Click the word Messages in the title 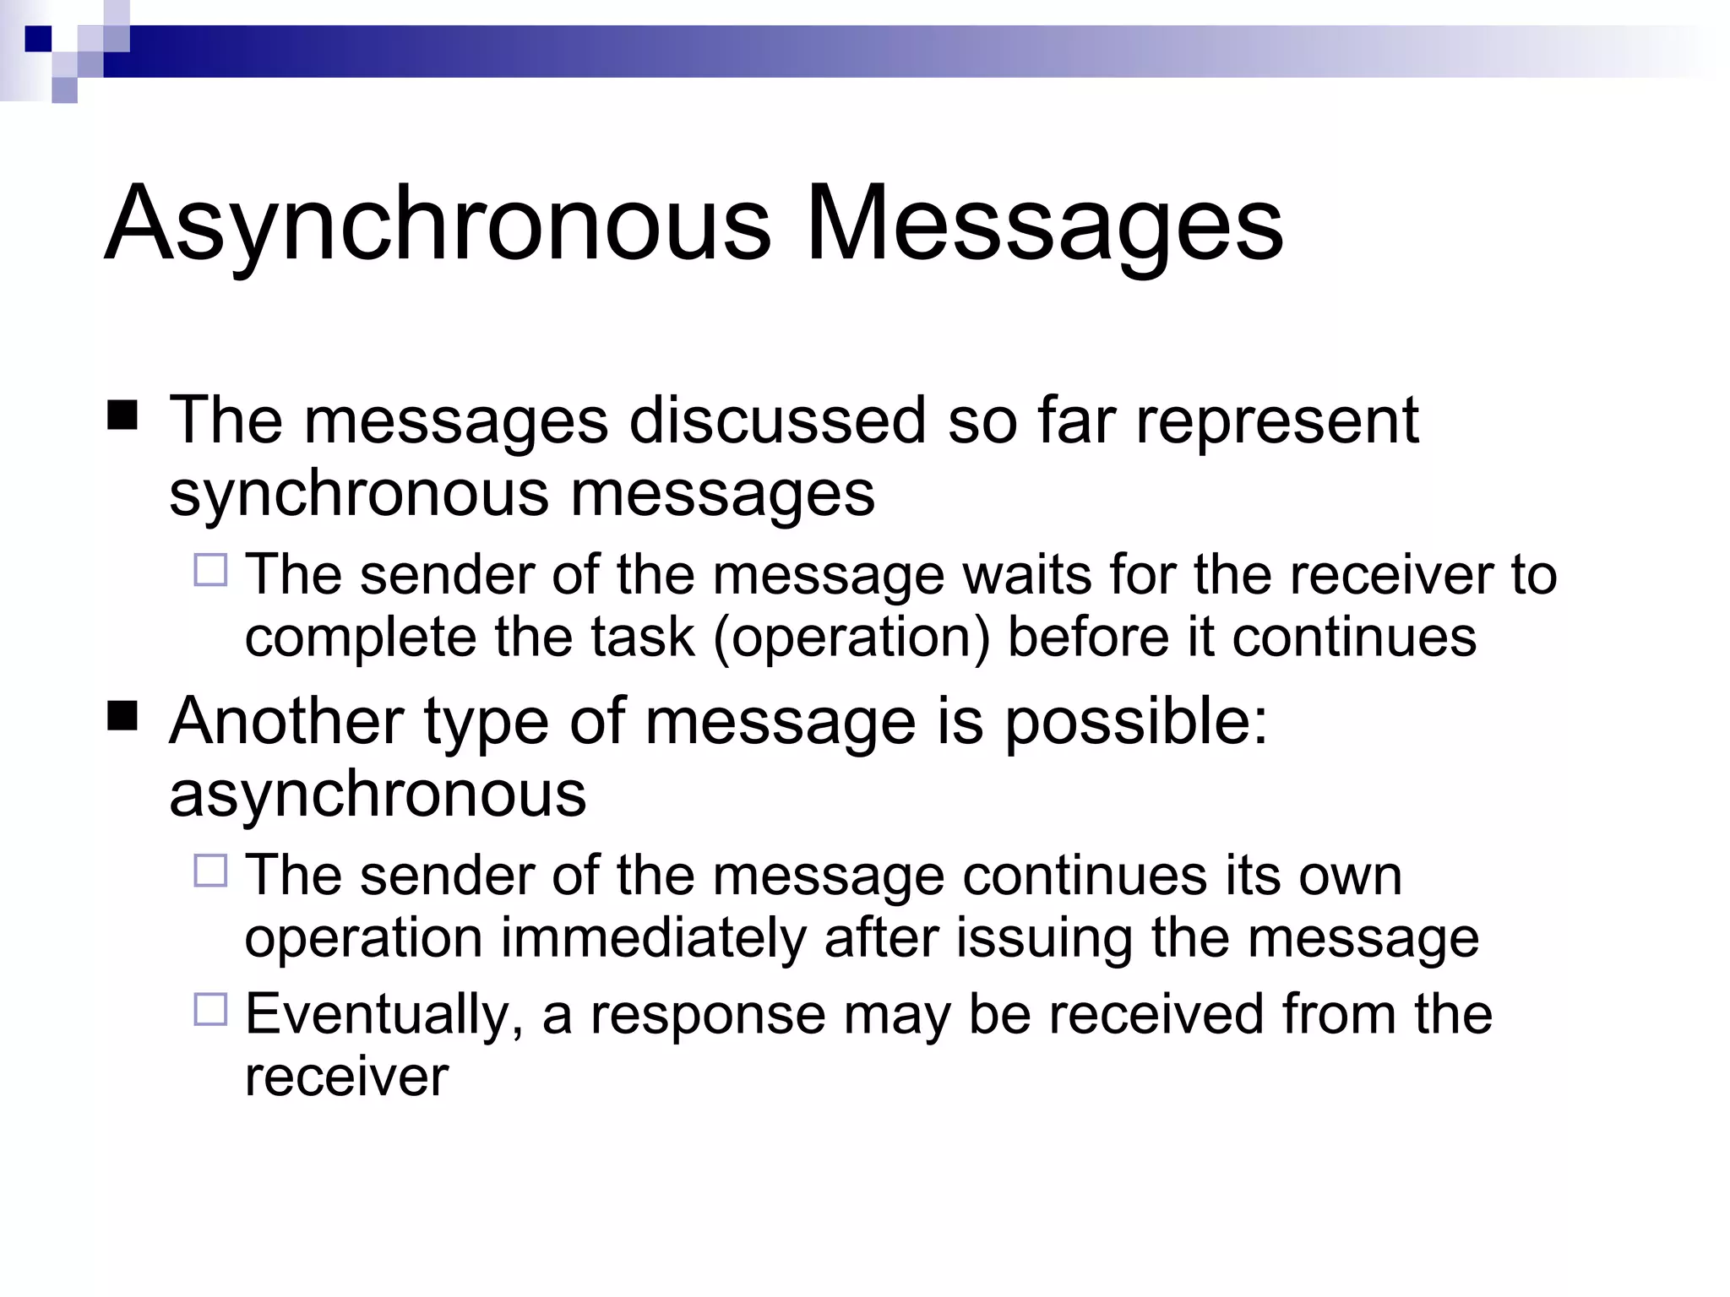(x=1045, y=225)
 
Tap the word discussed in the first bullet (x=777, y=420)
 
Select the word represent (x=1276, y=420)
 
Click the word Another (x=286, y=721)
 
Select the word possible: (x=1136, y=721)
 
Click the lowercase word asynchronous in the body (x=378, y=794)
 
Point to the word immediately (x=654, y=937)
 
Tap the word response (x=708, y=1014)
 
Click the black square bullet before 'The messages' (x=122, y=416)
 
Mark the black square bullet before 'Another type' (x=122, y=717)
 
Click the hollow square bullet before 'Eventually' (x=210, y=1009)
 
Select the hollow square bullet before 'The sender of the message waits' (x=210, y=570)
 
